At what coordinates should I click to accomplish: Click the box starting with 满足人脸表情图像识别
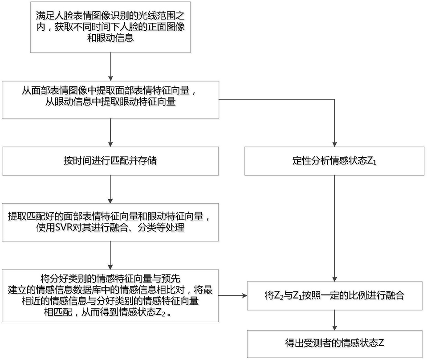110,27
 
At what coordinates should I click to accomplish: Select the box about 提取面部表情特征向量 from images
110,99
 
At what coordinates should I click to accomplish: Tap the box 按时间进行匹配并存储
110,161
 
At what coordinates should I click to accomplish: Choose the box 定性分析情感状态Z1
334,161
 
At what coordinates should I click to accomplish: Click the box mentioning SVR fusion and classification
110,222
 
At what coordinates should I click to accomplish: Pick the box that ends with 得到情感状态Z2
110,296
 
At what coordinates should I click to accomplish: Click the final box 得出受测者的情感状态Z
335,344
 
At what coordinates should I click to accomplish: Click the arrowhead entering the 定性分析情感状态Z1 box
335,144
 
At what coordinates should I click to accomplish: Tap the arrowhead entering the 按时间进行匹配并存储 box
110,144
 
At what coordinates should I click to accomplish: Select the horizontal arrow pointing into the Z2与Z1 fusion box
233,296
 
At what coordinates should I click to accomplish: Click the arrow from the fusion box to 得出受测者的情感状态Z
335,320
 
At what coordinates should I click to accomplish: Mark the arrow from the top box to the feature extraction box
110,67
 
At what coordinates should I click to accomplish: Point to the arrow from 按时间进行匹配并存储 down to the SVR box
110,189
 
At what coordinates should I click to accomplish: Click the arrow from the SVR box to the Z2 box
110,255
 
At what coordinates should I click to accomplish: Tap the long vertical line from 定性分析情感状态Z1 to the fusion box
335,229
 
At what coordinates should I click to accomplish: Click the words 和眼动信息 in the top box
110,38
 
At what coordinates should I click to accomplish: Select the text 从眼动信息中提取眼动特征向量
110,102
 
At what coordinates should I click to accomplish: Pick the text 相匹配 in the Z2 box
58,312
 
